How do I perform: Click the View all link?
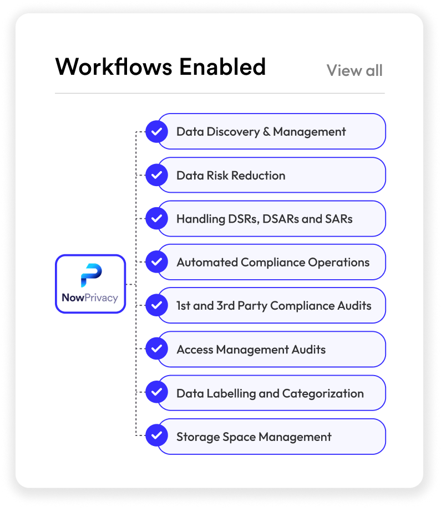[x=354, y=71]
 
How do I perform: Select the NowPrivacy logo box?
[x=90, y=284]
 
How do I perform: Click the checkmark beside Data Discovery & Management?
[x=157, y=132]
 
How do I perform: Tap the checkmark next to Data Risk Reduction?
[x=157, y=176]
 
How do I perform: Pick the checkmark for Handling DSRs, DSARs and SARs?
[x=157, y=219]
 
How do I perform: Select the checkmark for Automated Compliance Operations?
[x=157, y=262]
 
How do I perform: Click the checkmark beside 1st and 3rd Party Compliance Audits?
[x=157, y=305]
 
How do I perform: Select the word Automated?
[x=207, y=262]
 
